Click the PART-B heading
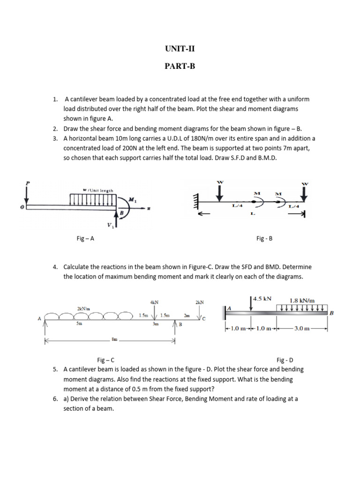pos(180,66)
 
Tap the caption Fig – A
pos(85,238)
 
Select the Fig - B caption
pos(264,238)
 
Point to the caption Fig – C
pos(105,360)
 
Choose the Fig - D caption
pos(285,360)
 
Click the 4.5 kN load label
pos(262,298)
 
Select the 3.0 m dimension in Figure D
pos(301,328)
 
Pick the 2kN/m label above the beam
pos(83,308)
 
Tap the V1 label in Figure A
pos(110,225)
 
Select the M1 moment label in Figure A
pos(133,200)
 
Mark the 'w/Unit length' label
pos(98,190)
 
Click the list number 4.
pos(55,267)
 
